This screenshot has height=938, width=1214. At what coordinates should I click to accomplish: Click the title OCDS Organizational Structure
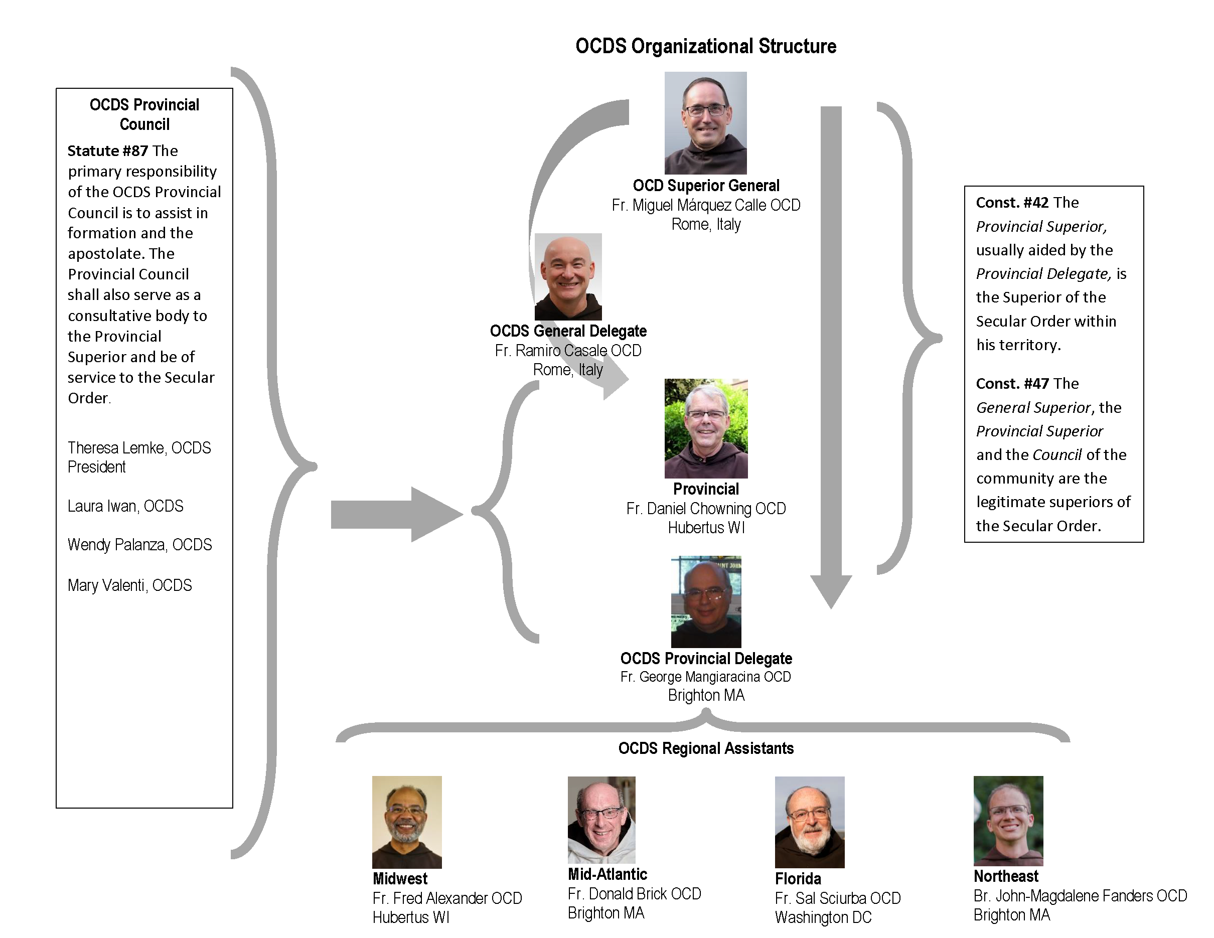coord(705,46)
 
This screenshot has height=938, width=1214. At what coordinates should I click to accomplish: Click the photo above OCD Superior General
coord(705,123)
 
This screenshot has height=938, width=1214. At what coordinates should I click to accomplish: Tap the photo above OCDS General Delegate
coord(568,276)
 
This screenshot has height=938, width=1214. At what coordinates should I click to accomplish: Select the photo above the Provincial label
coord(706,428)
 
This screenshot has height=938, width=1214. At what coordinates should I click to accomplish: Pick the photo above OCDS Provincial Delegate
coord(706,602)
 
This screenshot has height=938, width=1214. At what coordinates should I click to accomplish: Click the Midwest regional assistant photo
coord(407,822)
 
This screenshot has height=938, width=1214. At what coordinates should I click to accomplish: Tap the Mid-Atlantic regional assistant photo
coord(601,820)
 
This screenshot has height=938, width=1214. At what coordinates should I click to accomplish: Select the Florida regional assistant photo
coord(809,822)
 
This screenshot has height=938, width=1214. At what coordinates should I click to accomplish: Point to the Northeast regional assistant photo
coord(1008,821)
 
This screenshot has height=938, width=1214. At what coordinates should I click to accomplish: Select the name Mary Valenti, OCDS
coord(129,585)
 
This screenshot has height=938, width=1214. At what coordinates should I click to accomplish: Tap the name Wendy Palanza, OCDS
coord(139,545)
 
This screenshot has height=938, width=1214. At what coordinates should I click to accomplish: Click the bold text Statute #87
coord(108,151)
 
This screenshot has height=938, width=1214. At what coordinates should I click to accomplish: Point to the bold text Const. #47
coord(1012,383)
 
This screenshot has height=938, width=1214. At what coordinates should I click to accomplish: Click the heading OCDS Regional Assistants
coord(705,748)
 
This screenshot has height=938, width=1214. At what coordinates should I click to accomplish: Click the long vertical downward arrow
coord(831,356)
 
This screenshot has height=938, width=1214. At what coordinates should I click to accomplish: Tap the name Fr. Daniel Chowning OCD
coord(706,509)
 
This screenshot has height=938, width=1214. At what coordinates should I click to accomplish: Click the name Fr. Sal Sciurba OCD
coord(838,898)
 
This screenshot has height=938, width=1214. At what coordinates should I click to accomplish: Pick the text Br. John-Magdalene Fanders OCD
coord(1080,896)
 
